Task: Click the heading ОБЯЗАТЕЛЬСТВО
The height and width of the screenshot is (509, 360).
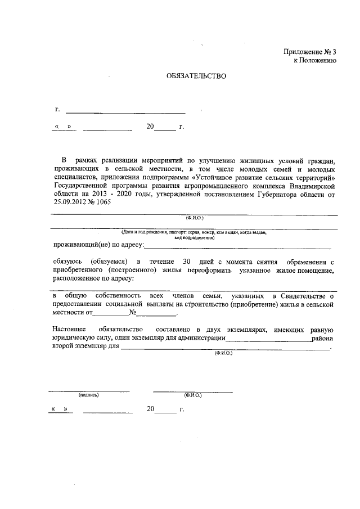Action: point(196,76)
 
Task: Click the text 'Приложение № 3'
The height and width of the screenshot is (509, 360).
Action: point(310,52)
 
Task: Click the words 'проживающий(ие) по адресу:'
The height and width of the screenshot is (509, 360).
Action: point(98,245)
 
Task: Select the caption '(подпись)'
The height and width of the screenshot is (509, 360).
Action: point(89,395)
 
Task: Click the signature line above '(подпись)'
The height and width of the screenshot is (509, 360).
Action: point(89,390)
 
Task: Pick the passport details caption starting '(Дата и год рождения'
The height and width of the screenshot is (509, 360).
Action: point(192,232)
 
